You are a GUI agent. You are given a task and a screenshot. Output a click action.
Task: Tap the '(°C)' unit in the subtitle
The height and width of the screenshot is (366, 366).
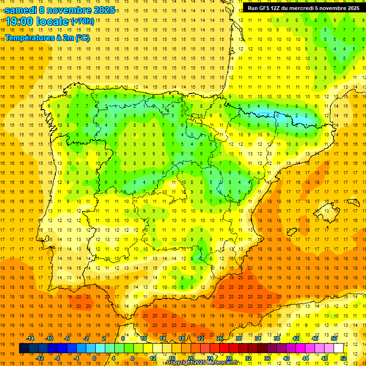point(81,38)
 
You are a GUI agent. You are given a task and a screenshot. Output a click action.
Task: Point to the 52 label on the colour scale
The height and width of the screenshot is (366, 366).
point(344,358)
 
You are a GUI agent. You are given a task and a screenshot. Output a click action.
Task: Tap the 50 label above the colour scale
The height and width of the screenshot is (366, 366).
point(334,338)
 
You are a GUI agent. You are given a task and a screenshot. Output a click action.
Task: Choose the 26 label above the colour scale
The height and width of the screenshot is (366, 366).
point(220,338)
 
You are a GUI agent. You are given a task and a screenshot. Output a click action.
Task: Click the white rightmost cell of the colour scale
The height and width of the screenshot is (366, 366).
point(338,348)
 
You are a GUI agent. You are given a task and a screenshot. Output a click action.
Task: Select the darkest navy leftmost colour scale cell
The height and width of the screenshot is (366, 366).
point(24,348)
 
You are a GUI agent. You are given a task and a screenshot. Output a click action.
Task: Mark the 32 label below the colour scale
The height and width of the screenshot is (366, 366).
point(248,358)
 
